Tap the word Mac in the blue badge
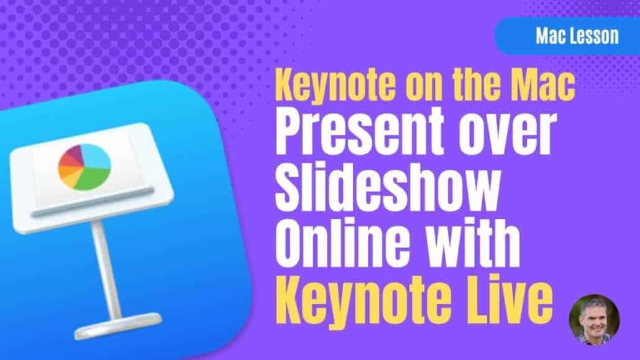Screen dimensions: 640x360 pos(548,36)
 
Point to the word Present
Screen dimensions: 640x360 pos(360,132)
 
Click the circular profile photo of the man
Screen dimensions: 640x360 pos(594,320)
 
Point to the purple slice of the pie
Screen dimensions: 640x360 pos(74,153)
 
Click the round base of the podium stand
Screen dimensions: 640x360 pos(118,326)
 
